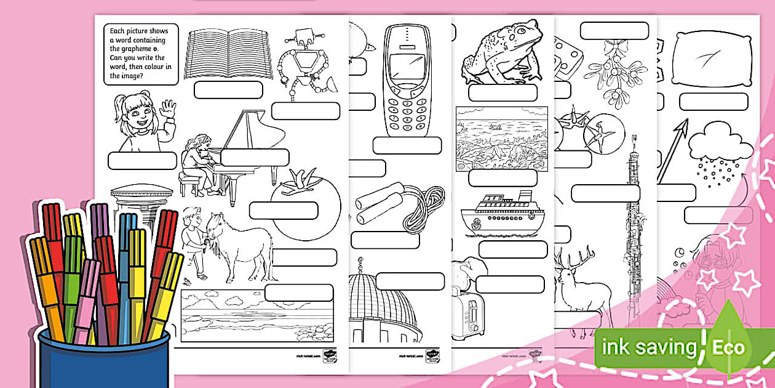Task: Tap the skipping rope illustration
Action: point(400,206)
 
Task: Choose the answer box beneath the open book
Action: point(228,90)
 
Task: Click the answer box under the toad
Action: point(502,93)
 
